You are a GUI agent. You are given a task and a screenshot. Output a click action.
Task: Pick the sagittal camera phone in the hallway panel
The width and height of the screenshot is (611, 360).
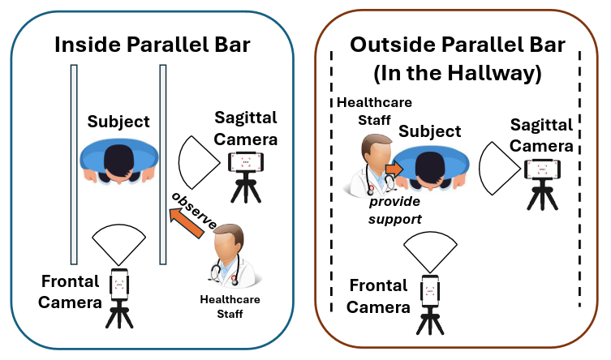pos(542,169)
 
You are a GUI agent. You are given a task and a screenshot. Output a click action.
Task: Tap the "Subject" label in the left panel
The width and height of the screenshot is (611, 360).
pos(119,122)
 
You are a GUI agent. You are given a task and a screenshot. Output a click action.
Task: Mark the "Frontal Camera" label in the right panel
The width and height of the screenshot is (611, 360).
pos(379,296)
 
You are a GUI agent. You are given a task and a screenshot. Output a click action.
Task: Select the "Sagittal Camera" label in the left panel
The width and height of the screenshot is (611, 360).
pos(246,128)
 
